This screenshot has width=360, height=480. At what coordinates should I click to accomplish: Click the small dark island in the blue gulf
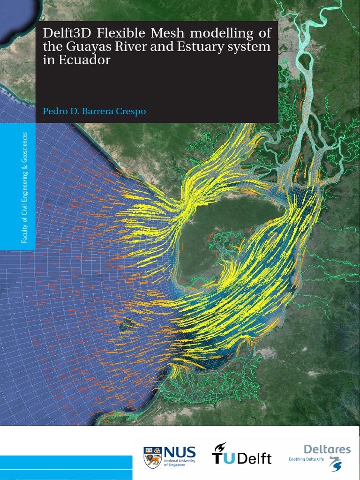126,323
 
